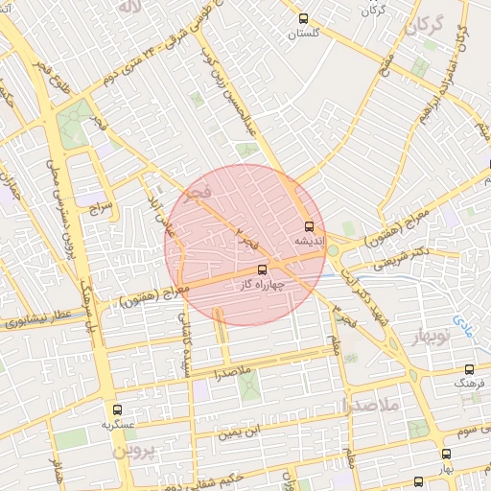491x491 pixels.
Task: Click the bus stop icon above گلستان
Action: tap(304, 18)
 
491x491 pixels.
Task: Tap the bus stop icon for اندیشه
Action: tap(308, 227)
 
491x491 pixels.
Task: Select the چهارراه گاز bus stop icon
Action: tap(263, 269)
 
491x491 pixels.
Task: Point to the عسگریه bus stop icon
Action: tap(117, 409)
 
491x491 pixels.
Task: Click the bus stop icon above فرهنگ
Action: tap(469, 368)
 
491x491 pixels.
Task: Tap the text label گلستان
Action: tap(304, 33)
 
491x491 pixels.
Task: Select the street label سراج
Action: tap(100, 205)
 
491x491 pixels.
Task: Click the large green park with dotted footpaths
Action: tap(72, 125)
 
